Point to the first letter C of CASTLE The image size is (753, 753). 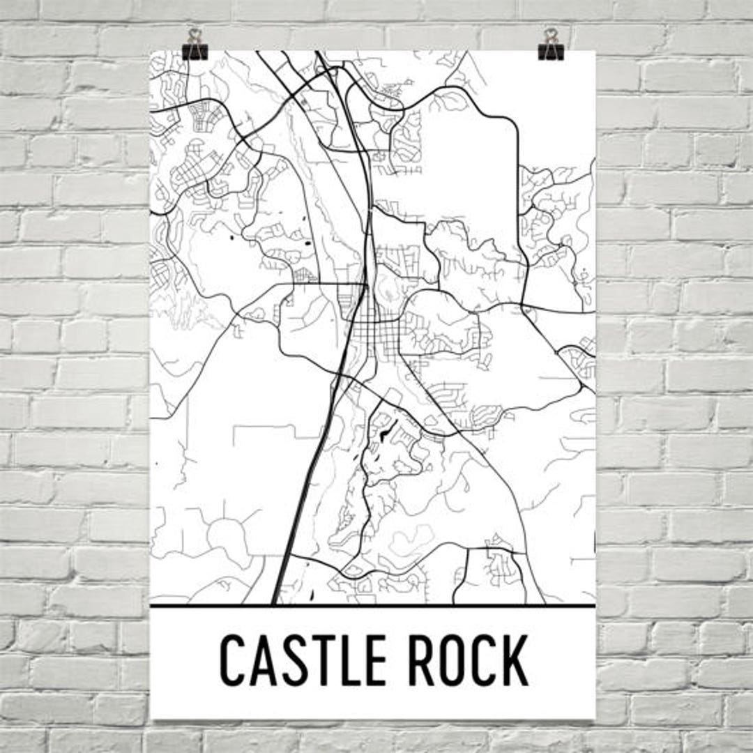235,660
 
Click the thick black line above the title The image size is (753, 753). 373,605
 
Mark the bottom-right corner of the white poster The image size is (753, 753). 594,718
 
